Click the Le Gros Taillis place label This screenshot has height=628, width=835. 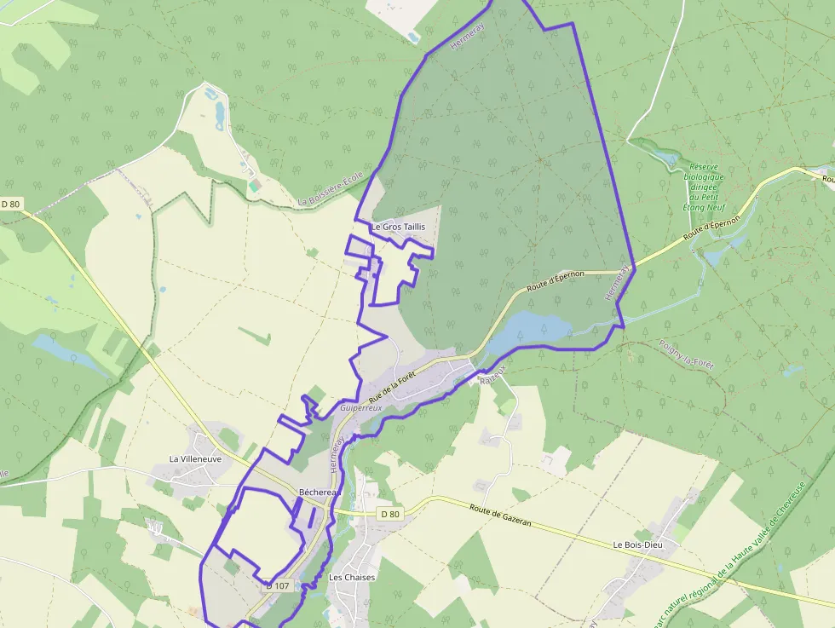(x=398, y=227)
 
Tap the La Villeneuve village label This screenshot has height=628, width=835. (x=195, y=458)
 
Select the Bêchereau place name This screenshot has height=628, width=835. (x=319, y=493)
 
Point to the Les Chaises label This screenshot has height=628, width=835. (x=352, y=577)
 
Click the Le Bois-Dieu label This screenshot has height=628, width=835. (x=639, y=544)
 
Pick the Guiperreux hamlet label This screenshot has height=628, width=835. (x=361, y=408)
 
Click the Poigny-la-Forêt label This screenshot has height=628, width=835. (x=687, y=354)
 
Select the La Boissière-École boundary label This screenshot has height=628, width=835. (x=331, y=189)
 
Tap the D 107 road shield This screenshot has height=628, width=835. (x=278, y=585)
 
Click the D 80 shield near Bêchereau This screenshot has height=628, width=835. (x=389, y=514)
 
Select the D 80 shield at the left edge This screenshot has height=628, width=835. (x=10, y=204)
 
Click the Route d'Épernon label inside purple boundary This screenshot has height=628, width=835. (x=555, y=280)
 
